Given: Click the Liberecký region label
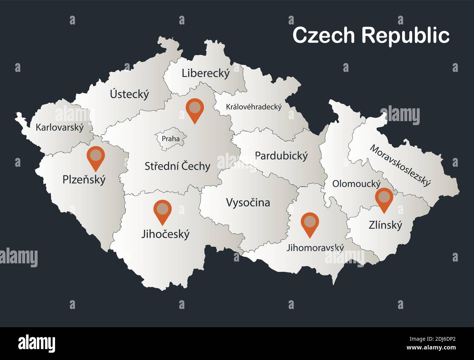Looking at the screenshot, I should point(206,73).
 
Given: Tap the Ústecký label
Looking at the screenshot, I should point(129,94).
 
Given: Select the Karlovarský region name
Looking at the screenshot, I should point(59,127).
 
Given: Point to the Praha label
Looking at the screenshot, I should point(171,139).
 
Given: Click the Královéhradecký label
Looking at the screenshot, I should point(254,107).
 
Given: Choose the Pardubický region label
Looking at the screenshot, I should point(281,156).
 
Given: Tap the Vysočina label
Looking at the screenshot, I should point(248,202).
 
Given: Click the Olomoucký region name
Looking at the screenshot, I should point(356,183).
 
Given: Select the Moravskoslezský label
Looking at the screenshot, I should point(400,165).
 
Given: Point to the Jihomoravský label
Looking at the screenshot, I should point(315,248).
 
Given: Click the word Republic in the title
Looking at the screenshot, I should point(405,35).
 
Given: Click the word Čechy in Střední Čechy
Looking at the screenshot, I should point(196,166).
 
